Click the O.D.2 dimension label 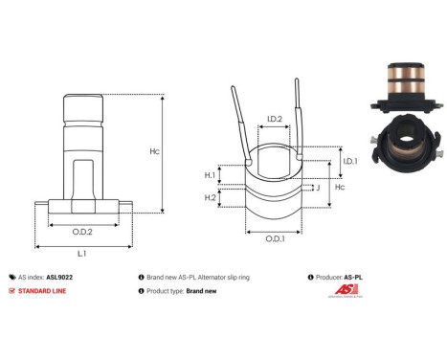pos(82,231)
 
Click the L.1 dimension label pos(82,254)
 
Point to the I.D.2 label pos(274,119)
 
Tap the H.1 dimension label pos(210,175)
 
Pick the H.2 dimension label pos(210,197)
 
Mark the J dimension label pos(317,188)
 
